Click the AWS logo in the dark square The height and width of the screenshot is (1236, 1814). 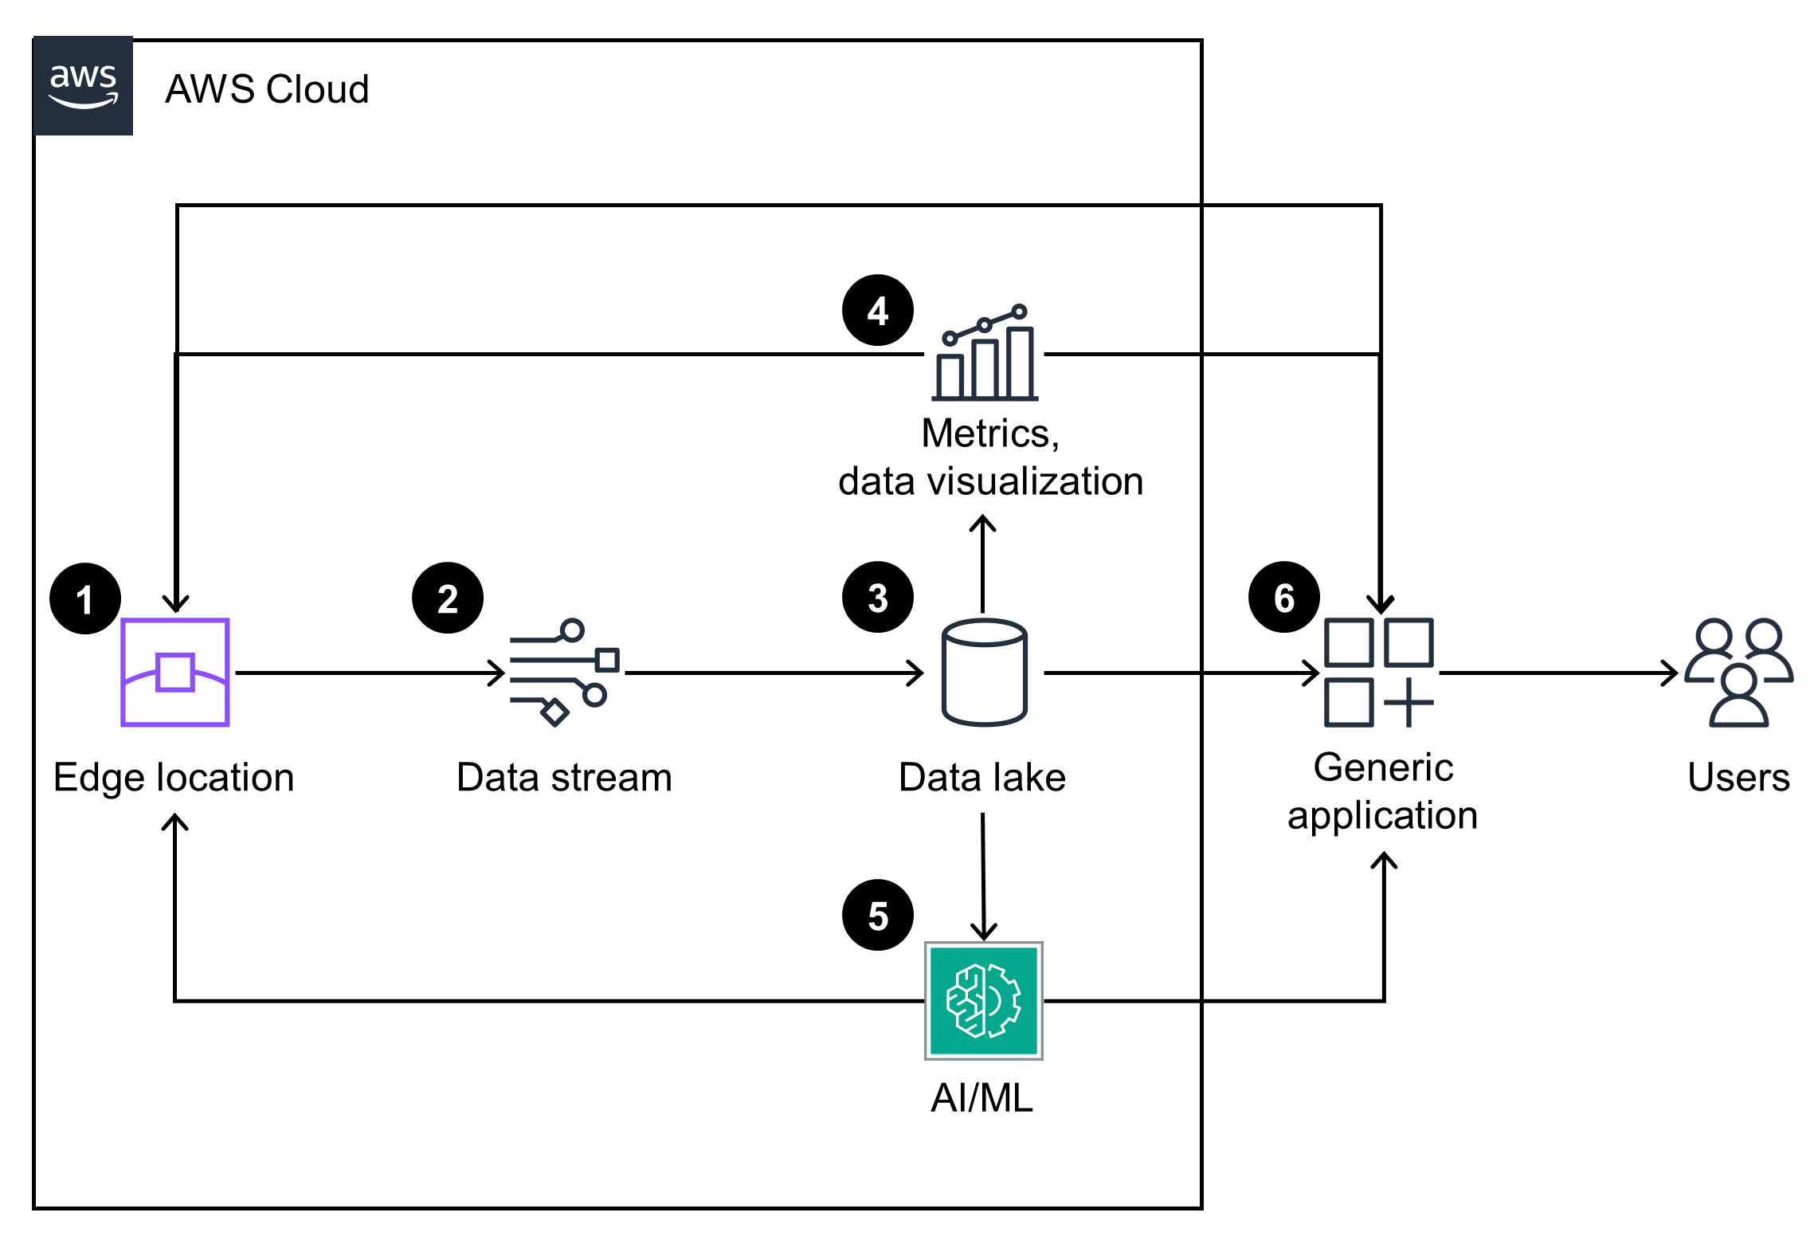coord(83,86)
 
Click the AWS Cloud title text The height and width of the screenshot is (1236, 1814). coord(267,89)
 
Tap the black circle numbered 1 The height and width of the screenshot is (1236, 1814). coord(84,598)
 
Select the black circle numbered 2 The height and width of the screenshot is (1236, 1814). coord(447,598)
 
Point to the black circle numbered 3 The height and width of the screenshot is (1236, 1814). coord(877,598)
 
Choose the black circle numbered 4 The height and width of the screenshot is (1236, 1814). coord(877,311)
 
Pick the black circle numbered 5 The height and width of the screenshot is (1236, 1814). coord(877,916)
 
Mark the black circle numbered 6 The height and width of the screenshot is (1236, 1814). coord(1283,598)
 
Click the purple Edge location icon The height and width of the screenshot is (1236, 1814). coord(175,673)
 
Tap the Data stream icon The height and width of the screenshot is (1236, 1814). coord(564,673)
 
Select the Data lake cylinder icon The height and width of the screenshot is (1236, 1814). coord(984,673)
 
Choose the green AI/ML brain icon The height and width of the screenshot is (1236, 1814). coord(984,1001)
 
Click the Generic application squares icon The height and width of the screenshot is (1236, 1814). coord(1378,673)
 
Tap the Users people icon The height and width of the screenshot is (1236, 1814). coord(1738,673)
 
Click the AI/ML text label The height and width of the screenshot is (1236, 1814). coord(981,1098)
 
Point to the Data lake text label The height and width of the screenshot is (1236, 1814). coord(981,778)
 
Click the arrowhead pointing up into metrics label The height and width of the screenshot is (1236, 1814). coord(982,523)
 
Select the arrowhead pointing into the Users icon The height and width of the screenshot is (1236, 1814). coord(1671,673)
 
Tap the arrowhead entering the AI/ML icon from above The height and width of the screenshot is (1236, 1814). coord(984,932)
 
